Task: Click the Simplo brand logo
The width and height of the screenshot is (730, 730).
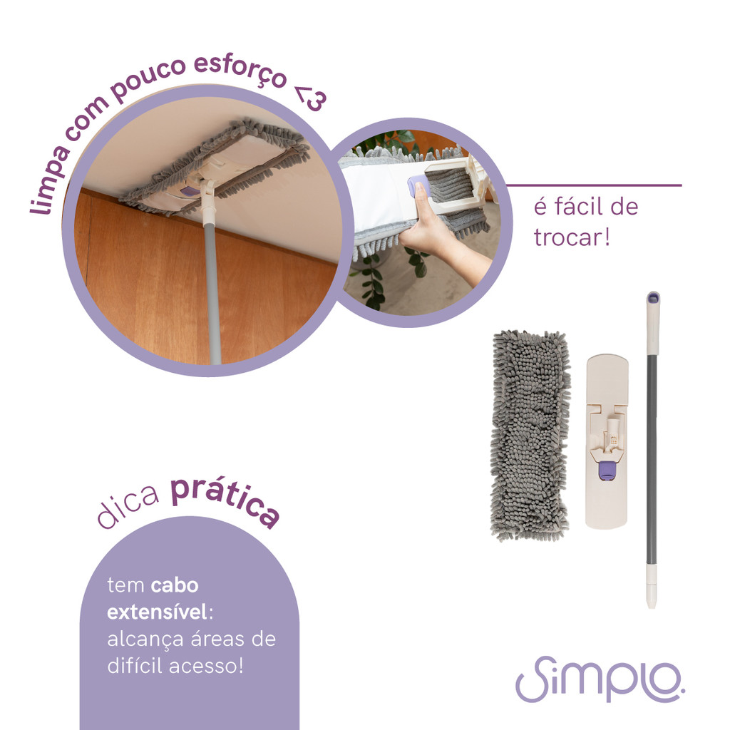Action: pos(600,679)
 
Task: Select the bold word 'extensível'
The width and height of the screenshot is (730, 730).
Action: pos(157,611)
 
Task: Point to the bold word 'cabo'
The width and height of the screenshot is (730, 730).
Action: pos(175,585)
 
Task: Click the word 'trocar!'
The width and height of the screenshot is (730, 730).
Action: pos(572,237)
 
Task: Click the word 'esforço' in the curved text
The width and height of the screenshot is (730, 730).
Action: pos(240,71)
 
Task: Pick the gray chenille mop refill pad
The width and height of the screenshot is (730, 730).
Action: pos(530,436)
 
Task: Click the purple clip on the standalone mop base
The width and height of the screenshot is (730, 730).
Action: pos(606,471)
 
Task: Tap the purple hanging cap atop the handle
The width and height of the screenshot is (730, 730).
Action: pos(653,298)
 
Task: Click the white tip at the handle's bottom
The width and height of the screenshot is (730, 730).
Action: pos(652,587)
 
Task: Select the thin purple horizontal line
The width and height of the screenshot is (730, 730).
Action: pos(594,185)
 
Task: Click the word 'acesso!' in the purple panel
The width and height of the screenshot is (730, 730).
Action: pos(206,665)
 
